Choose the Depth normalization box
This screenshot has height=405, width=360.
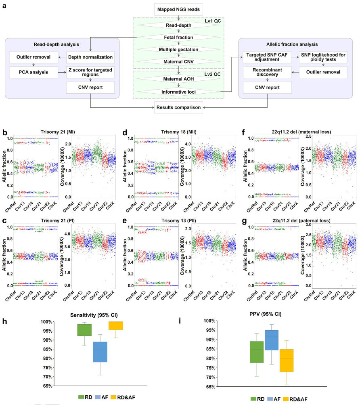coord(90,57)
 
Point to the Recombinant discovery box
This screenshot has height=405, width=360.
coord(266,72)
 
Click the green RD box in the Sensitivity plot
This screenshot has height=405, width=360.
coord(84,330)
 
